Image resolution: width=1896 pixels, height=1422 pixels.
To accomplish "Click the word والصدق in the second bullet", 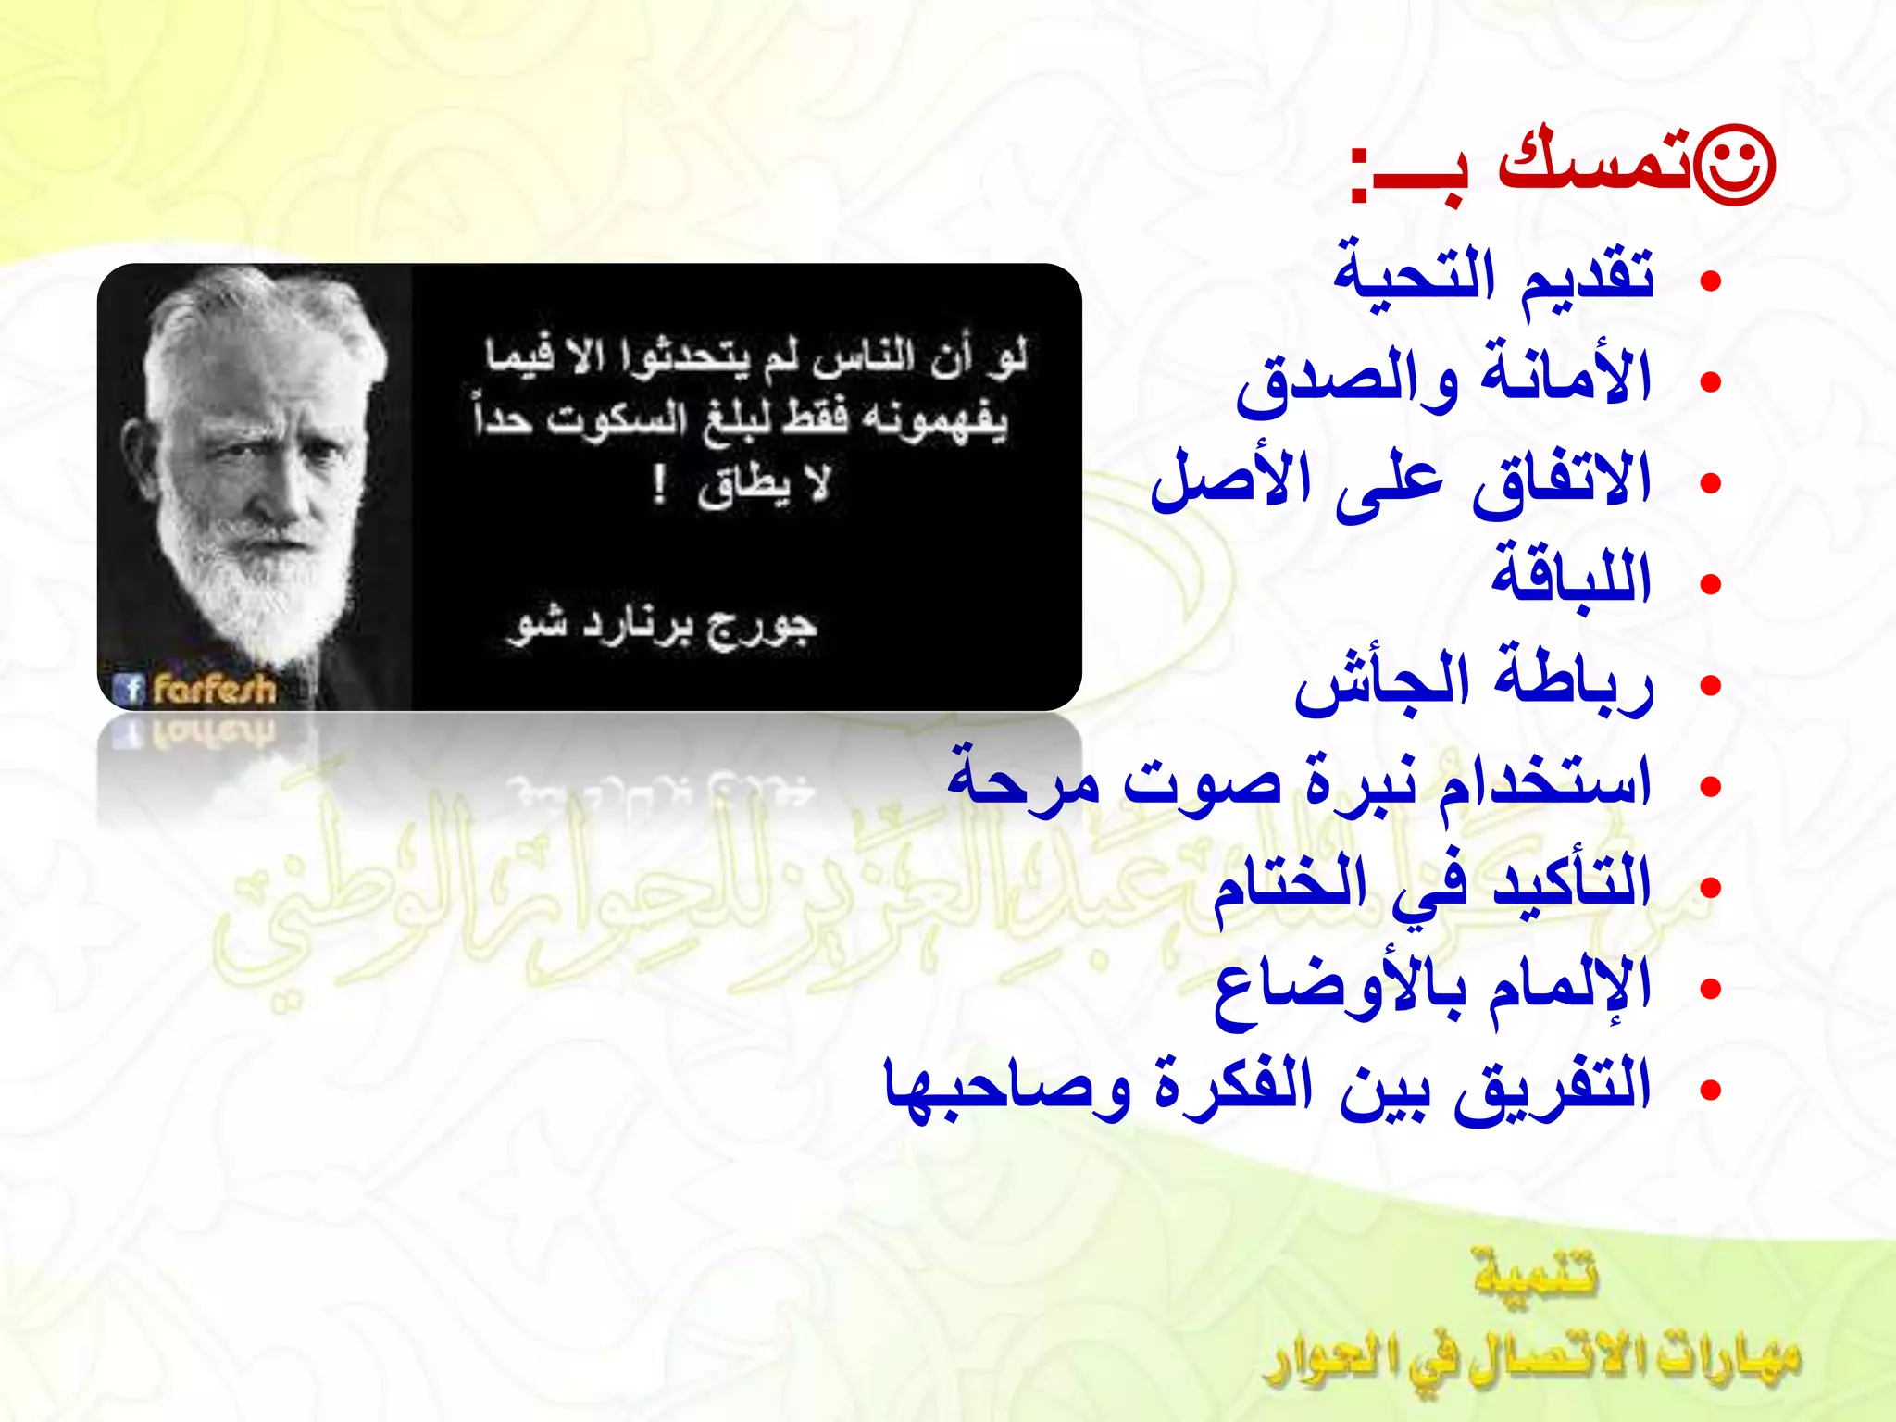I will coord(1347,380).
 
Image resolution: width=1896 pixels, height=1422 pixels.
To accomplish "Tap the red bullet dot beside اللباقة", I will coord(1711,584).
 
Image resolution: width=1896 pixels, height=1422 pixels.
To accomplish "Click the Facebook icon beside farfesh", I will coord(128,689).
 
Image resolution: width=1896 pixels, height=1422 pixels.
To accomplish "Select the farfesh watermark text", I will coord(215,689).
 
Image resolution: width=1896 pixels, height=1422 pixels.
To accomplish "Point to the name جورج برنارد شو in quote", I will coord(662,626).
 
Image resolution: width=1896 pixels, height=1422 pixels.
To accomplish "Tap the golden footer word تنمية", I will coord(1536,1274).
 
